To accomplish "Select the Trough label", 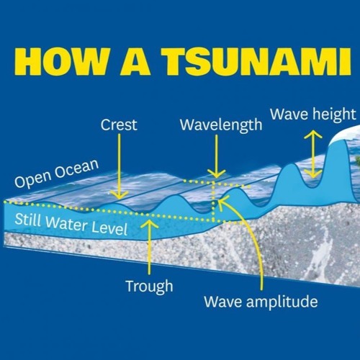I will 149,286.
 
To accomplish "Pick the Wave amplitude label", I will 260,300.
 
